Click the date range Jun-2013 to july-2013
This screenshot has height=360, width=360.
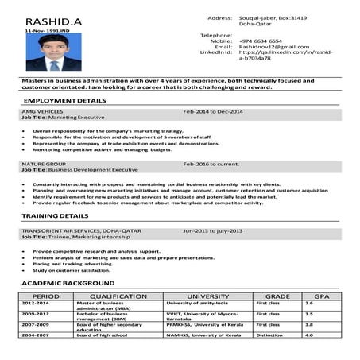[215, 230]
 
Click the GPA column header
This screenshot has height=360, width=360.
[321, 296]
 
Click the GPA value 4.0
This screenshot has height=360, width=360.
[310, 336]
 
